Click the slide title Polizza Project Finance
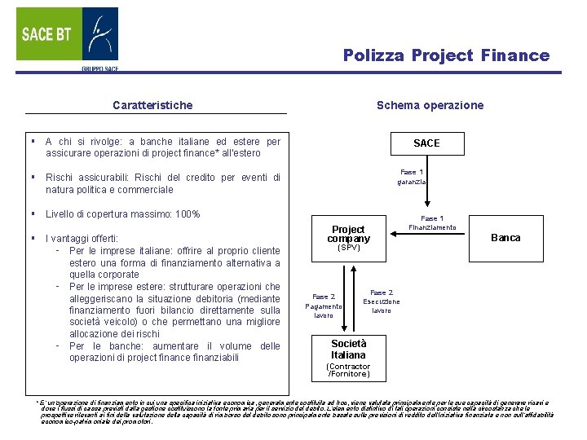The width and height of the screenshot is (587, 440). (446, 55)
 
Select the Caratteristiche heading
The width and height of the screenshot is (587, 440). (152, 105)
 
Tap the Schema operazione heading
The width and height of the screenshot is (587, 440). (430, 105)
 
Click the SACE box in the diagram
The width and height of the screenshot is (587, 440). (426, 143)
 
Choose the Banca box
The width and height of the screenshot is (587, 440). (505, 237)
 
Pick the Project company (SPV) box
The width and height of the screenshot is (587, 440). (348, 237)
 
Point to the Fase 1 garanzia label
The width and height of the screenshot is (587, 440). (412, 177)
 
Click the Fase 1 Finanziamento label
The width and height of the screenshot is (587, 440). (432, 222)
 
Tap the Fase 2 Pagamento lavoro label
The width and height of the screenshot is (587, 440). (324, 306)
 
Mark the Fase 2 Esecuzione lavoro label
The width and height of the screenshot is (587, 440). (382, 301)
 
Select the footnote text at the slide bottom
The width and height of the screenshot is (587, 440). (293, 411)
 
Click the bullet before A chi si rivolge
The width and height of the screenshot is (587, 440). (29, 141)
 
